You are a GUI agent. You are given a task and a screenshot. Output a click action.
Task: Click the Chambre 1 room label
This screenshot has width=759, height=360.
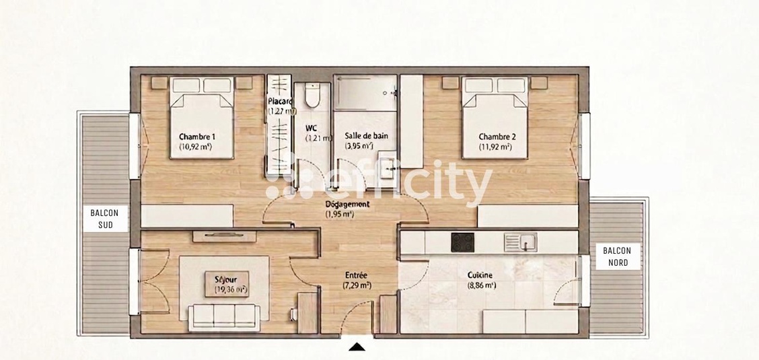(196, 137)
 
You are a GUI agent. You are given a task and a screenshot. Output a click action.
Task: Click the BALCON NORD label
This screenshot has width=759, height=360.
(613, 256)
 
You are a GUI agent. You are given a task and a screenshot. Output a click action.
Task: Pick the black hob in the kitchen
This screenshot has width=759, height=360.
(462, 242)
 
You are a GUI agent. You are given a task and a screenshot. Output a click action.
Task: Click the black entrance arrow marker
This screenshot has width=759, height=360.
(357, 347)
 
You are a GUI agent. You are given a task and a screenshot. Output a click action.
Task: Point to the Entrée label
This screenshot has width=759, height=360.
(356, 275)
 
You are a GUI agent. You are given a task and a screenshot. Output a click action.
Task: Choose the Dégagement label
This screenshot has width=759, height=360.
(347, 204)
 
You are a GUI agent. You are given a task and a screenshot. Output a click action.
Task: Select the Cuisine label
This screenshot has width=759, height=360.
(480, 275)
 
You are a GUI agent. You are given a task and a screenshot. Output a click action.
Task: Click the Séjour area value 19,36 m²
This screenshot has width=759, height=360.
(231, 289)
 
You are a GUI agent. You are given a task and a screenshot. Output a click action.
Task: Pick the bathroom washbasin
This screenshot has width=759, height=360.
(386, 164)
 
